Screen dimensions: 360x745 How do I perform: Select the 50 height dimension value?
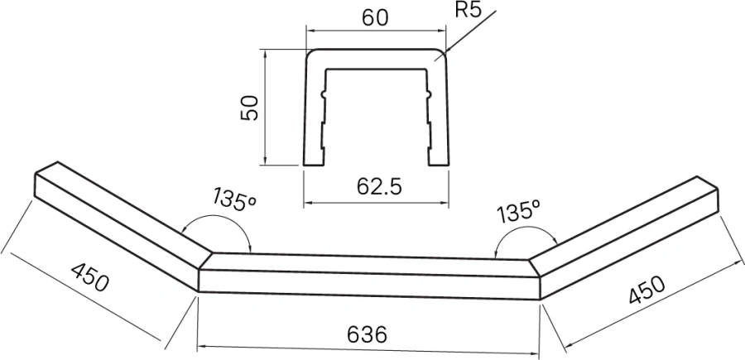click(251, 107)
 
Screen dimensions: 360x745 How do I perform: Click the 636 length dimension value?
click(367, 334)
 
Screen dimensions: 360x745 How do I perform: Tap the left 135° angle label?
click(233, 200)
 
